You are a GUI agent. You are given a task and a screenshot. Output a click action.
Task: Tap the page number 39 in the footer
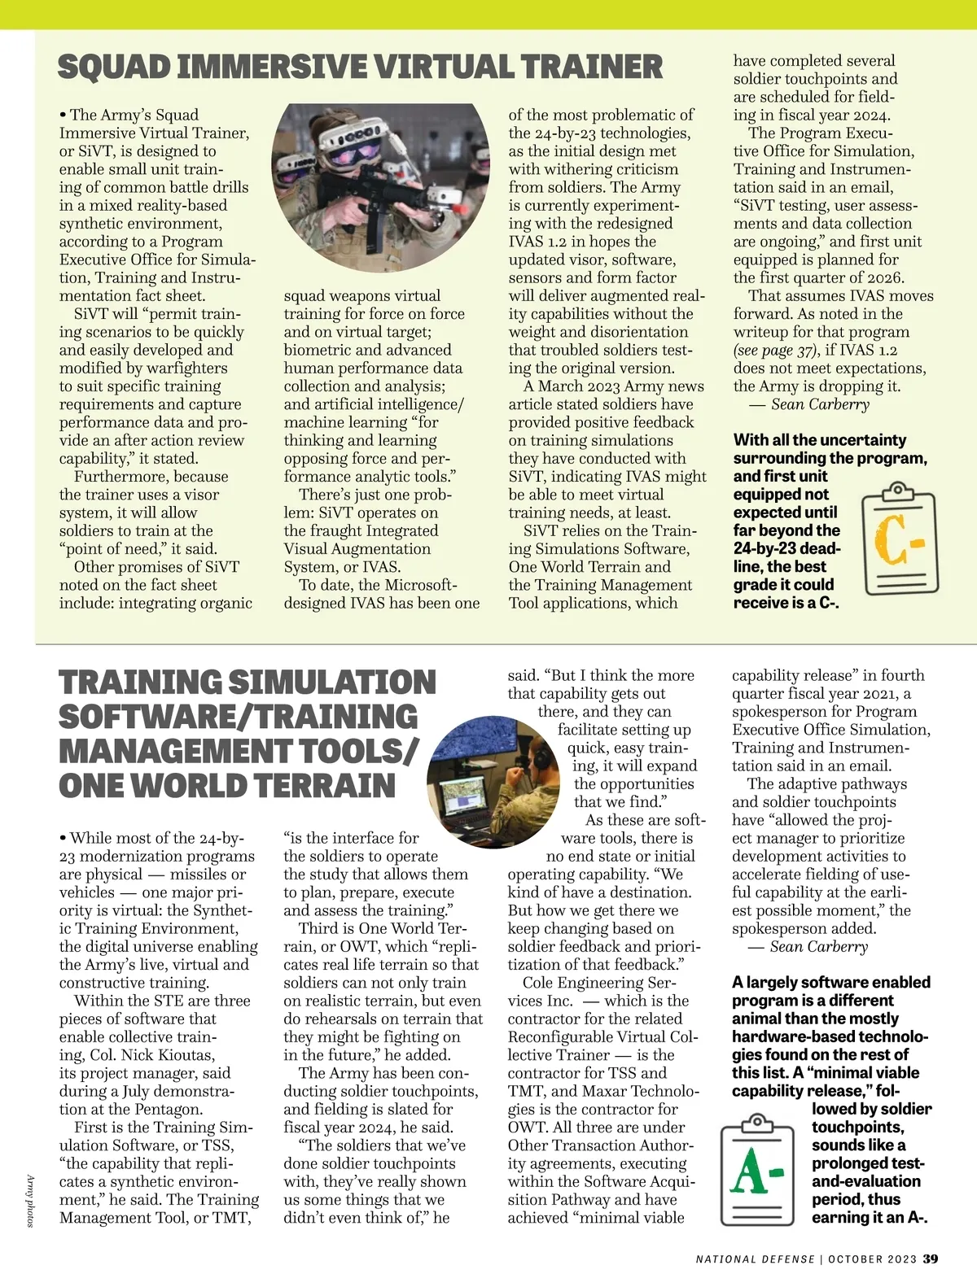[x=930, y=1259]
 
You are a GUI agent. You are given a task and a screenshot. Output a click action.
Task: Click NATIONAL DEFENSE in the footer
[x=755, y=1259]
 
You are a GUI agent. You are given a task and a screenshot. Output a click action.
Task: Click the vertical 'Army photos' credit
[x=30, y=1200]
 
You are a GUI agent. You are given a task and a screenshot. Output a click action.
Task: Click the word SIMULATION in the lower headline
[x=331, y=683]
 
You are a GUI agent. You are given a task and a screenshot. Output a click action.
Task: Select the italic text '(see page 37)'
[x=774, y=351]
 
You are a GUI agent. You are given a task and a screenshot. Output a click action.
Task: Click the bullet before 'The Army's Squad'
[x=63, y=115]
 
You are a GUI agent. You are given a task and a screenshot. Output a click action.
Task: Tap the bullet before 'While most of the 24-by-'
[x=63, y=838]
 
